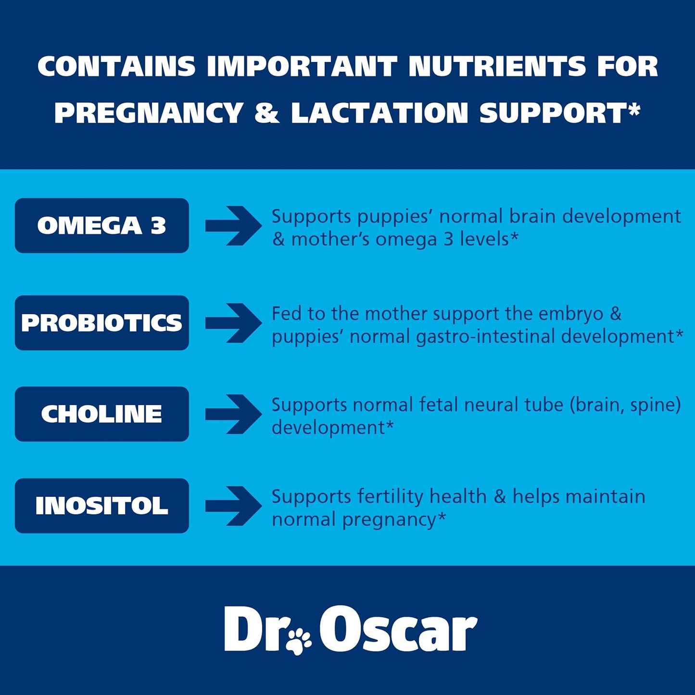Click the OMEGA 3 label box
click(101, 226)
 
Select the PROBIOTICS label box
click(101, 323)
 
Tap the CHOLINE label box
click(101, 414)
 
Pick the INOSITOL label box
click(101, 505)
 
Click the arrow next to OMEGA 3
click(233, 226)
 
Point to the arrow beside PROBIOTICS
click(233, 323)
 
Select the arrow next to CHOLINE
click(233, 414)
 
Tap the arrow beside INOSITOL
click(233, 505)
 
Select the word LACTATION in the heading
click(379, 114)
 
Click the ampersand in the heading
click(266, 114)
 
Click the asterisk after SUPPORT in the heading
click(635, 109)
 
